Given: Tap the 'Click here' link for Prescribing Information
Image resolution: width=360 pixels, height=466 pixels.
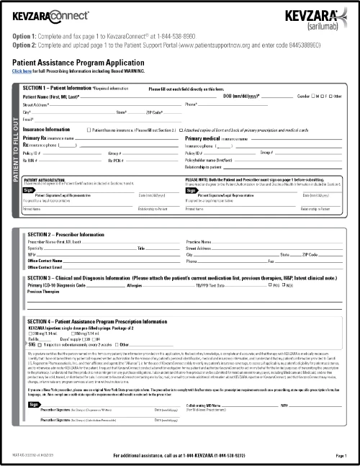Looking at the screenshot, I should pyautogui.click(x=22, y=71).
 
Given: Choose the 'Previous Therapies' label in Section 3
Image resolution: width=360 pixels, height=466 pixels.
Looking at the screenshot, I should pyautogui.click(x=43, y=292).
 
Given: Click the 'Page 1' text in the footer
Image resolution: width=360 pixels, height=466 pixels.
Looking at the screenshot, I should pyautogui.click(x=341, y=457).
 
